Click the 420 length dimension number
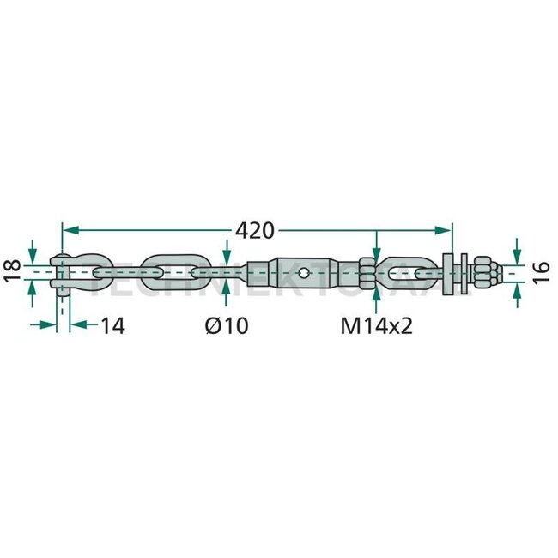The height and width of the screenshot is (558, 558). point(254,230)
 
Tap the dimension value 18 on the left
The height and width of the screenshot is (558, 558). point(13,271)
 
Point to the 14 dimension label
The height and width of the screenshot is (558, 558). point(112,325)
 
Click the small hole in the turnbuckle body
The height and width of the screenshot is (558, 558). point(305,272)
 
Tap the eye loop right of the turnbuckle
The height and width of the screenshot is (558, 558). point(409,272)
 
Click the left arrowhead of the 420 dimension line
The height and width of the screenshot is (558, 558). point(69,230)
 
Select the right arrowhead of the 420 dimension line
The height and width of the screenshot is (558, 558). point(446,230)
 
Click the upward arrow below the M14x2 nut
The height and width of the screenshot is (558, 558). point(375,292)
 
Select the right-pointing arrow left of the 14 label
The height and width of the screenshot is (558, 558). point(52,324)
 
